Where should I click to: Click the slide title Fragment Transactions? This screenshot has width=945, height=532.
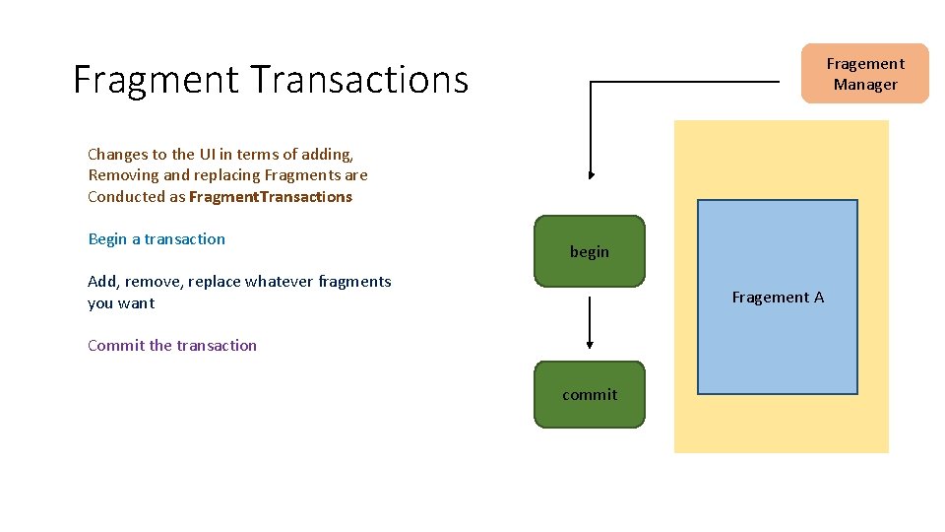271,79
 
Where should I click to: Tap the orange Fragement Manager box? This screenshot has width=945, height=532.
864,74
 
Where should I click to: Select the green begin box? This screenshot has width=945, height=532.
590,251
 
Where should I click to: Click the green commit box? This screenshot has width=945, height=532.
590,394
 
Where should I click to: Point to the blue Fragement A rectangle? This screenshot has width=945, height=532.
778,297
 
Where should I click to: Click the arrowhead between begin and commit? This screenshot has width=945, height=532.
590,344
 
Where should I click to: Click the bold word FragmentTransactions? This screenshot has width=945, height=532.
270,196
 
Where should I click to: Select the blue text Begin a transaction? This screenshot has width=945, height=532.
157,238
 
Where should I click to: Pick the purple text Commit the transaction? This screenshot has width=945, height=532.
172,345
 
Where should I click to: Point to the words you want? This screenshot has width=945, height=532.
121,302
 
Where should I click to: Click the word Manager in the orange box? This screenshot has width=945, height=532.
865,85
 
